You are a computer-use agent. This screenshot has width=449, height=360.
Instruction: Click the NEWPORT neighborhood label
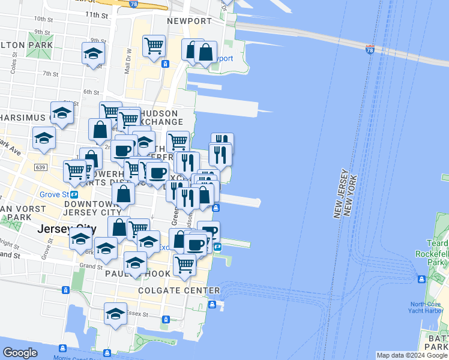pos(189,22)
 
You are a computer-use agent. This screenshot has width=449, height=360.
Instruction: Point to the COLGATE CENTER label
pos(179,291)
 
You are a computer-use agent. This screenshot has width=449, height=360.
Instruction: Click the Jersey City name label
pos(66,229)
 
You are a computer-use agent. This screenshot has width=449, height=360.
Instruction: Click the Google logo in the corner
pos(20,353)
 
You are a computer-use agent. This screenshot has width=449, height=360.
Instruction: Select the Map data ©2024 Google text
pos(412,355)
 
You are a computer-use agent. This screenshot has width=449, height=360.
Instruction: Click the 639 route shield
pos(41,167)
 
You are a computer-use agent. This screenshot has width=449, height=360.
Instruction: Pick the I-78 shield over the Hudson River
pos(370,48)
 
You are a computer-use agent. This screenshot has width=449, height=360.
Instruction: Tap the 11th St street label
pos(95,14)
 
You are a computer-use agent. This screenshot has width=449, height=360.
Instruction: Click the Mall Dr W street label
pos(127,62)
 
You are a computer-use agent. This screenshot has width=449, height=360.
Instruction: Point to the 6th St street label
pos(91,92)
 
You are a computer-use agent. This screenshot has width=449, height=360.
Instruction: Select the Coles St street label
pos(13,65)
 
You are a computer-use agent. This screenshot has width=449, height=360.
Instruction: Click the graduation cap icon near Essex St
pos(116,313)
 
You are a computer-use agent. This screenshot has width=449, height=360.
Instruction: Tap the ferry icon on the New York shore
pos(422,279)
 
